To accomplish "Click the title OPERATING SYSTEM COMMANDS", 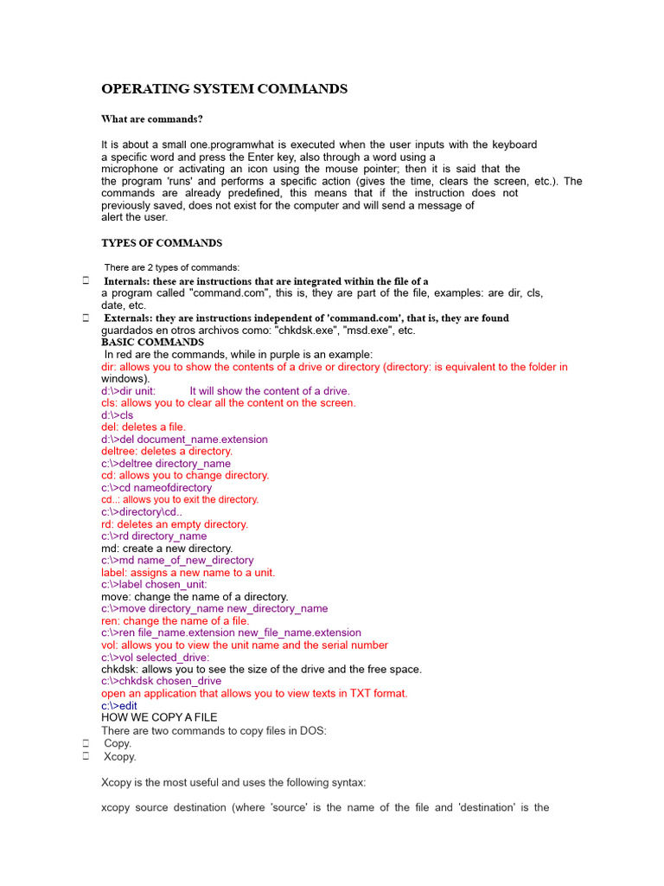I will [x=225, y=89].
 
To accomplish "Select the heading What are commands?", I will [x=152, y=119].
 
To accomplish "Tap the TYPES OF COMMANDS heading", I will [x=162, y=243].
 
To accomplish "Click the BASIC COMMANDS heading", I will [x=152, y=343].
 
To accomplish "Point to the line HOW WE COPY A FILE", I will [x=159, y=717].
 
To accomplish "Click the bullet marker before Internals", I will [x=86, y=281].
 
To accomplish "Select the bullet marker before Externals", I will [x=86, y=318].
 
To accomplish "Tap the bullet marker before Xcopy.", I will [x=86, y=756].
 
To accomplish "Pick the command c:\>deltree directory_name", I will [x=166, y=464].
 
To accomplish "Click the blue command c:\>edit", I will [x=119, y=706].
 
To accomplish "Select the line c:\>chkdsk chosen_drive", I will [x=161, y=681].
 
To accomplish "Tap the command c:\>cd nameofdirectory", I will [x=156, y=488].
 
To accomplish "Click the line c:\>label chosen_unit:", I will [x=154, y=585].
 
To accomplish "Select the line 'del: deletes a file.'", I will [x=144, y=427].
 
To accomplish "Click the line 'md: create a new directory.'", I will [x=167, y=549].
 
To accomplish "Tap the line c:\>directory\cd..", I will [x=142, y=512].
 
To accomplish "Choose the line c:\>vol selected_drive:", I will [x=155, y=658].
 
